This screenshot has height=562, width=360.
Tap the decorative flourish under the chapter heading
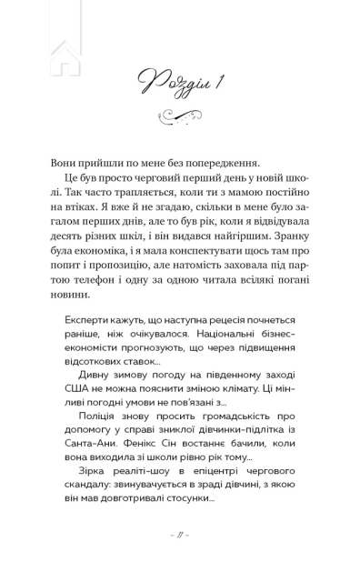[x=179, y=115]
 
